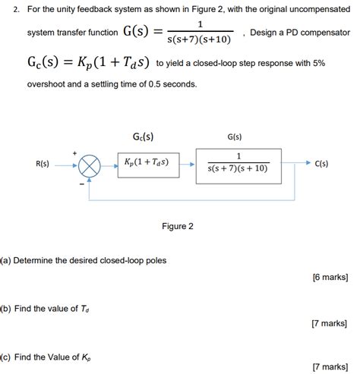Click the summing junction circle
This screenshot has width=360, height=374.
[90, 165]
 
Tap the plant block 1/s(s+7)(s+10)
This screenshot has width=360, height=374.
[238, 164]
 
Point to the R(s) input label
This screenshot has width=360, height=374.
[43, 164]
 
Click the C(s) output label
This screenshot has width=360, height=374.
[321, 164]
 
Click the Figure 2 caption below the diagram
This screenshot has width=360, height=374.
[178, 226]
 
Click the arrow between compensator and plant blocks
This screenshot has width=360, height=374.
[188, 163]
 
